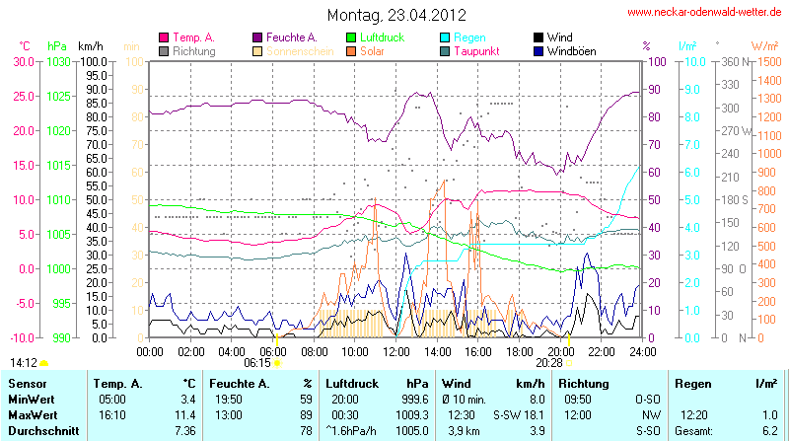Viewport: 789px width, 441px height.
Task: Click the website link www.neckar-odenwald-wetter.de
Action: pyautogui.click(x=705, y=13)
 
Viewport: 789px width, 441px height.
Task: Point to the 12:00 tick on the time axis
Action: pyautogui.click(x=395, y=350)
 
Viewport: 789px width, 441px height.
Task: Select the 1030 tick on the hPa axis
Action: pyautogui.click(x=58, y=61)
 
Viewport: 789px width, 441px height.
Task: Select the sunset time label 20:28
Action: pyautogui.click(x=552, y=362)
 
